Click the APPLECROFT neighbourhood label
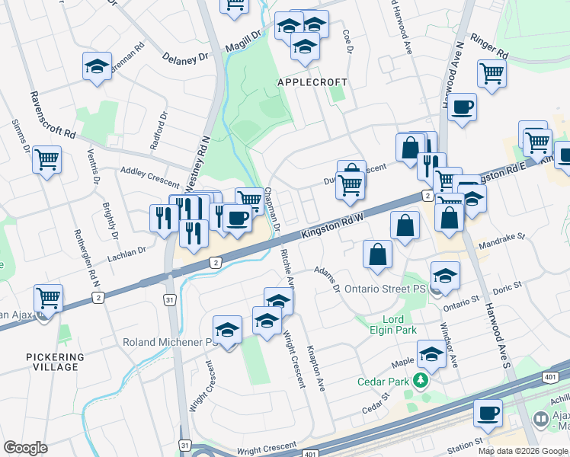coord(312,82)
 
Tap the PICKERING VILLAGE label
coord(55,362)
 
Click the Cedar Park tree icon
coord(420,380)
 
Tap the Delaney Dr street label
coord(185,56)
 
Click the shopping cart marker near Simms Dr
coord(47,160)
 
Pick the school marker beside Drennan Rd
coord(98,66)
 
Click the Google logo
coord(25,448)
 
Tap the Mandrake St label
coord(500,241)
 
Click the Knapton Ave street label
coord(315,371)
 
